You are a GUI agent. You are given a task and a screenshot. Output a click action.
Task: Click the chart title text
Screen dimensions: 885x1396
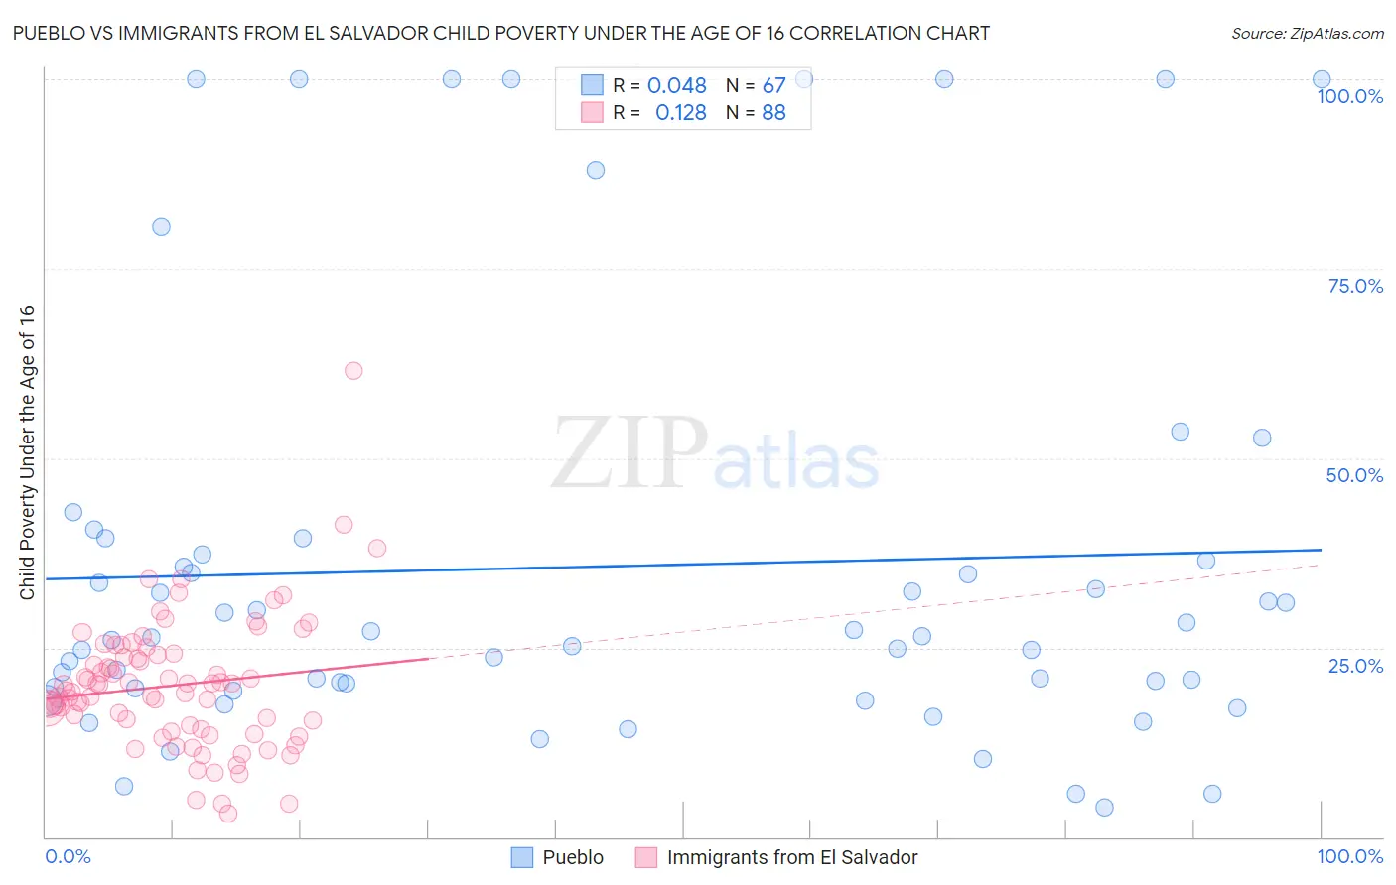tap(501, 33)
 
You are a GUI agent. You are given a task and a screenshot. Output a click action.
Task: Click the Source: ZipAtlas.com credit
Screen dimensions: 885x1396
tap(1307, 33)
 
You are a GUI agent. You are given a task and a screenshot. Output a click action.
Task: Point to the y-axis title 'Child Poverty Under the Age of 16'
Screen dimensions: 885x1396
tap(27, 452)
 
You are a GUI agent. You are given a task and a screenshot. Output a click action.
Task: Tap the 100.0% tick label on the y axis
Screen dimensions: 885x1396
tap(1349, 96)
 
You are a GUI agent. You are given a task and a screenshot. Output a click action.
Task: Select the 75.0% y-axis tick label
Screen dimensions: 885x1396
tap(1355, 286)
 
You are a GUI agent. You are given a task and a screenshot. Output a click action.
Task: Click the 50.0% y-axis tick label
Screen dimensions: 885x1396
tap(1354, 475)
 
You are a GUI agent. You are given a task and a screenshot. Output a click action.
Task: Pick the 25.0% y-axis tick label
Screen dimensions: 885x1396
tap(1355, 665)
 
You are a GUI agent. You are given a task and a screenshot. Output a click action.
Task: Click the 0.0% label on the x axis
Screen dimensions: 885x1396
tap(68, 856)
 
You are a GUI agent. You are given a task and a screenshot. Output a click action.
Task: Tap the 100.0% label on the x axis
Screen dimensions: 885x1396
tap(1349, 856)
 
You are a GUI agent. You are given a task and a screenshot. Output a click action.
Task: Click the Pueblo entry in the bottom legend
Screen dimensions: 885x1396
tap(572, 857)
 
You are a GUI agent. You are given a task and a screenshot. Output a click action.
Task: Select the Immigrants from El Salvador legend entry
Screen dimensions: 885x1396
tap(791, 857)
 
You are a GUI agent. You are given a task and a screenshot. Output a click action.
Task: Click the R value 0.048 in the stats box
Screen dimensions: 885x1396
tap(677, 86)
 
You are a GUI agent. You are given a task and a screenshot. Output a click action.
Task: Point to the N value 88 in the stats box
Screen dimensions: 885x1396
tap(773, 113)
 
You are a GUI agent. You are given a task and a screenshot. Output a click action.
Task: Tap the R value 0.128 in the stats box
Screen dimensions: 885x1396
tap(680, 113)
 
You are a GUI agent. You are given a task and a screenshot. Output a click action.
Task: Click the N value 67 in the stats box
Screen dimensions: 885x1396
tap(773, 86)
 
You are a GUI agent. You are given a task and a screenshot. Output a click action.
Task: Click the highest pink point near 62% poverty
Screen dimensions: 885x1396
tap(353, 371)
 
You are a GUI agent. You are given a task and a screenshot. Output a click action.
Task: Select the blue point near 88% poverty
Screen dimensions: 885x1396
tap(596, 170)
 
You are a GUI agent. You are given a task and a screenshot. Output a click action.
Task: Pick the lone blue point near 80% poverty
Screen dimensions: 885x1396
tap(161, 227)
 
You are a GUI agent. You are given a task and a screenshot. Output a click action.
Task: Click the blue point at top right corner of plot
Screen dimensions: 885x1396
tap(1322, 79)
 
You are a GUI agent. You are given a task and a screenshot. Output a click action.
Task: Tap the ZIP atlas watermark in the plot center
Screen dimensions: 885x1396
tap(715, 454)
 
